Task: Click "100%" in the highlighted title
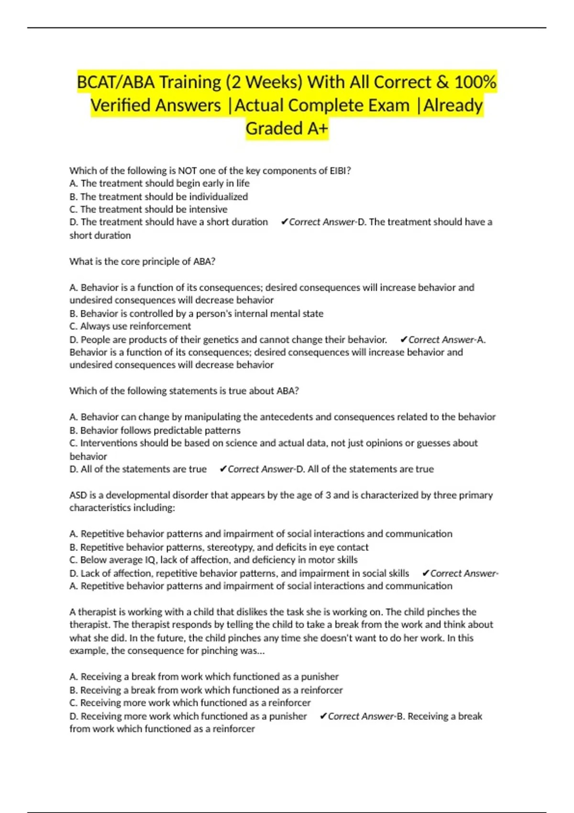click(475, 82)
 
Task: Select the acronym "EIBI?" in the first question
click(340, 171)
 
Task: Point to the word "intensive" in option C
click(209, 209)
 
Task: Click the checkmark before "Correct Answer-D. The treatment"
click(284, 222)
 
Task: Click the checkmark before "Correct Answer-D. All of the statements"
click(223, 469)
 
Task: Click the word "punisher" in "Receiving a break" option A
click(320, 677)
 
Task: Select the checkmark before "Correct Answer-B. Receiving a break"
click(323, 716)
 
